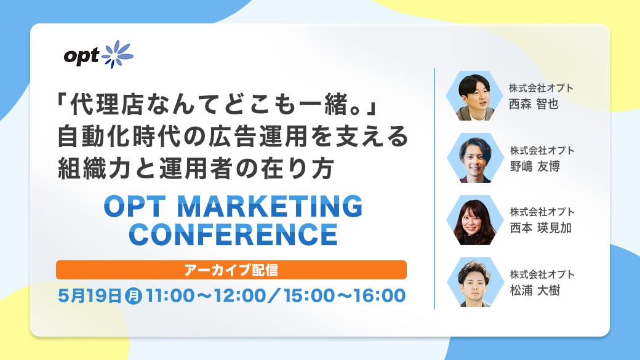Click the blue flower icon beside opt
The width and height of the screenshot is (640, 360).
tap(117, 54)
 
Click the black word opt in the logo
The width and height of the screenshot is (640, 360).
tap(82, 57)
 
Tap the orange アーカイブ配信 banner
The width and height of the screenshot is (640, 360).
tap(231, 270)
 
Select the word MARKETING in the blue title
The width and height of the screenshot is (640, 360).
tap(270, 207)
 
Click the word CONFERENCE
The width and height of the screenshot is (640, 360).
tap(233, 234)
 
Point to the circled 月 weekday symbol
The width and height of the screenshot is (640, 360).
tap(133, 296)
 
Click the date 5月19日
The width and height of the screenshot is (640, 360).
tap(90, 295)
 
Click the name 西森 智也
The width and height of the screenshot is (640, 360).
tap(534, 104)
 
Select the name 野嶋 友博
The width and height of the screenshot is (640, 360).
tap(535, 167)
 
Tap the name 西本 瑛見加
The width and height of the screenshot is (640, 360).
tap(540, 228)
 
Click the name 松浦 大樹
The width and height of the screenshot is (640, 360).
tap(535, 290)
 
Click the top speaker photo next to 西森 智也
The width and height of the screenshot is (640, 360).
tap(474, 96)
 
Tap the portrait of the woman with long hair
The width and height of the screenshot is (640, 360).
tap(474, 220)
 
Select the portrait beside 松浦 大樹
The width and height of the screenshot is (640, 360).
tap(474, 282)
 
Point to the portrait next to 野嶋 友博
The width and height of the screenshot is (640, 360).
tap(474, 158)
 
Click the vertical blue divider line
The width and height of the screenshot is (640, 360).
tap(434, 188)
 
